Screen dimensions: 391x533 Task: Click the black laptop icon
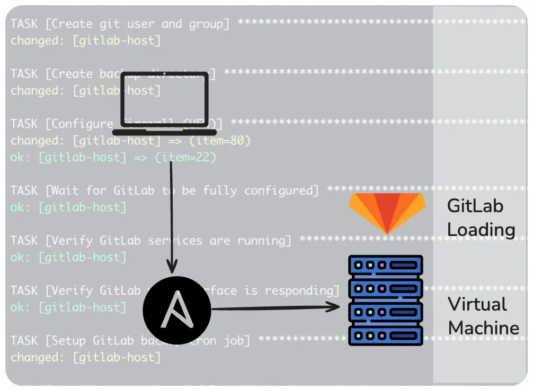(164, 104)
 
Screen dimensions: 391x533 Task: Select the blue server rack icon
(385, 300)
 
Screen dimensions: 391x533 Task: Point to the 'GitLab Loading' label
(481, 217)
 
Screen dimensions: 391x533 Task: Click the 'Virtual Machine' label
(483, 316)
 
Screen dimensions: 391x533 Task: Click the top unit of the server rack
(385, 265)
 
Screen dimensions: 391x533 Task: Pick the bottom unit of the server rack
(385, 335)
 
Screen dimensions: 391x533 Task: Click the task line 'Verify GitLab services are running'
(150, 241)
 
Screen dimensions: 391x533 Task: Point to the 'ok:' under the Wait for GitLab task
(21, 207)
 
